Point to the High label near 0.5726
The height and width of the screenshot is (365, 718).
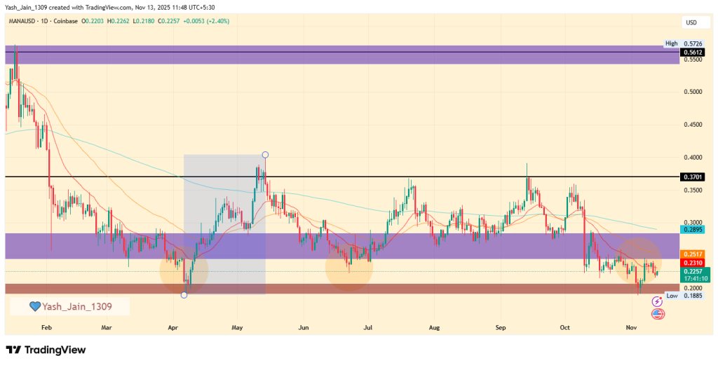672,43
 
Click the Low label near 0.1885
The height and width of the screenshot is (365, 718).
672,296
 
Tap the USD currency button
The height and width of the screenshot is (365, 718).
691,22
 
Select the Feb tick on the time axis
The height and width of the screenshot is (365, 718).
47,327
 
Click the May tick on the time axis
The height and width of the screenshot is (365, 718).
237,327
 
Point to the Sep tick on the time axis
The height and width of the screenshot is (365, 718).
501,327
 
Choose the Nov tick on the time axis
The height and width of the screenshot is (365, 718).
631,327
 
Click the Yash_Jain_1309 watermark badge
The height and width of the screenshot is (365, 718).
69,306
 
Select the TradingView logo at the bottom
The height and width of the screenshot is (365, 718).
46,350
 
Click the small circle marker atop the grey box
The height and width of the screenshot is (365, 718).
265,154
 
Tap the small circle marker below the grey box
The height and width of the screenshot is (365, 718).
184,295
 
